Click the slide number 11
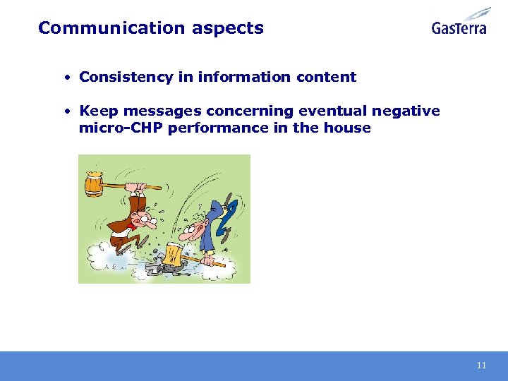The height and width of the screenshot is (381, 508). [x=481, y=365]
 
